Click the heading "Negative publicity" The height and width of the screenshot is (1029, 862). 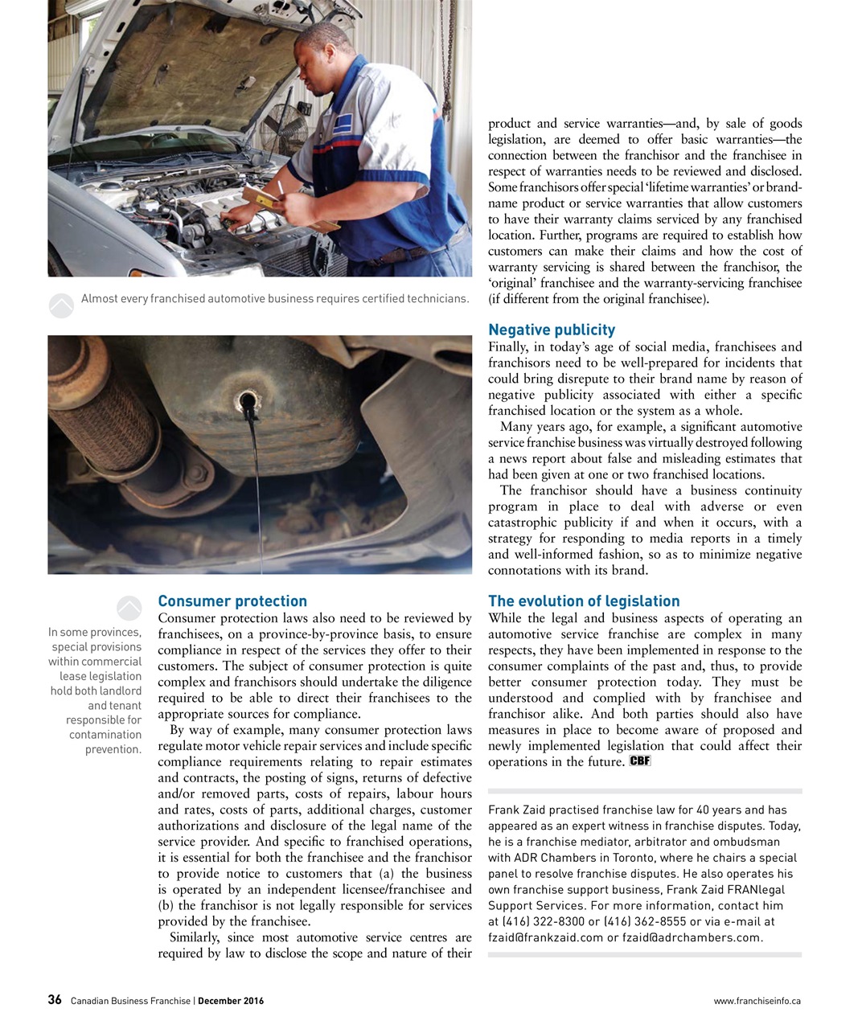point(552,330)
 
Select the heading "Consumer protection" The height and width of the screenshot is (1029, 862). point(232,601)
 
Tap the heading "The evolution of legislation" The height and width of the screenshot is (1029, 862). point(584,601)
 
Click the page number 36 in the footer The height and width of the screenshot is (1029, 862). point(55,1000)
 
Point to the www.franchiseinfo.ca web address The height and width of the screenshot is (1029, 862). point(757,1001)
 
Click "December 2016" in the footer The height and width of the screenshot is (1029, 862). point(231,1001)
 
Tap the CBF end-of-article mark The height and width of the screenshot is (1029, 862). point(640,760)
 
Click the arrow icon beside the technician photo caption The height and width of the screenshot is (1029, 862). point(62,305)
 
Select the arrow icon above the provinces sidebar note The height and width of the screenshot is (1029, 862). point(129,609)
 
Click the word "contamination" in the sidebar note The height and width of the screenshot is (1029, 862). point(105,735)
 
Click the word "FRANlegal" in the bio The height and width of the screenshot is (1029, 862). point(755,889)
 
